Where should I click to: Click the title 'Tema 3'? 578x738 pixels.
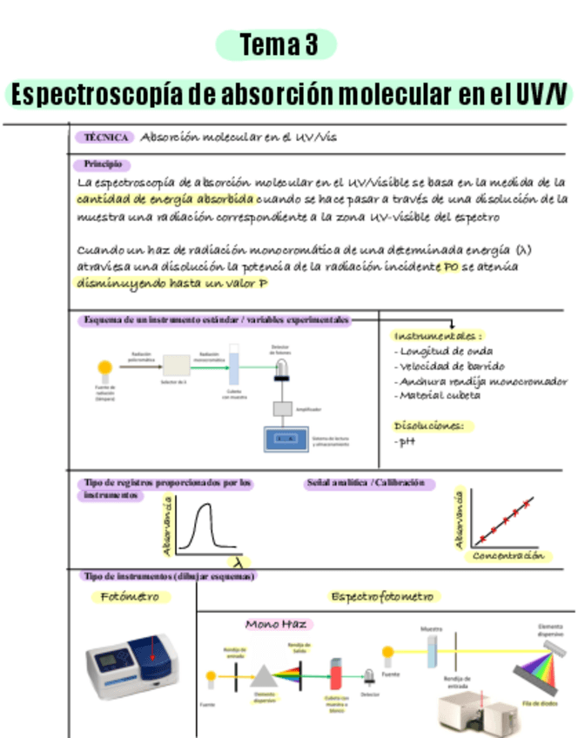tap(278, 45)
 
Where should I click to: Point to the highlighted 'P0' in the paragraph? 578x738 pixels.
tap(449, 267)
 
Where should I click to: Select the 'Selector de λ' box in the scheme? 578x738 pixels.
tap(176, 366)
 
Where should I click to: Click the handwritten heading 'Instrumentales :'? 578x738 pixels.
tap(439, 335)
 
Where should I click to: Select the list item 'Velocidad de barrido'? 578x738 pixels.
tap(451, 366)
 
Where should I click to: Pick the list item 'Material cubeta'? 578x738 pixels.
tap(440, 395)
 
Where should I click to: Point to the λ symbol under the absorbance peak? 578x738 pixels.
tap(235, 561)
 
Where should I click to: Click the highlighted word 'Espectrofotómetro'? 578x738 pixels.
tap(383, 597)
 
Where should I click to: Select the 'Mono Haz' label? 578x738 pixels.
tap(275, 624)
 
